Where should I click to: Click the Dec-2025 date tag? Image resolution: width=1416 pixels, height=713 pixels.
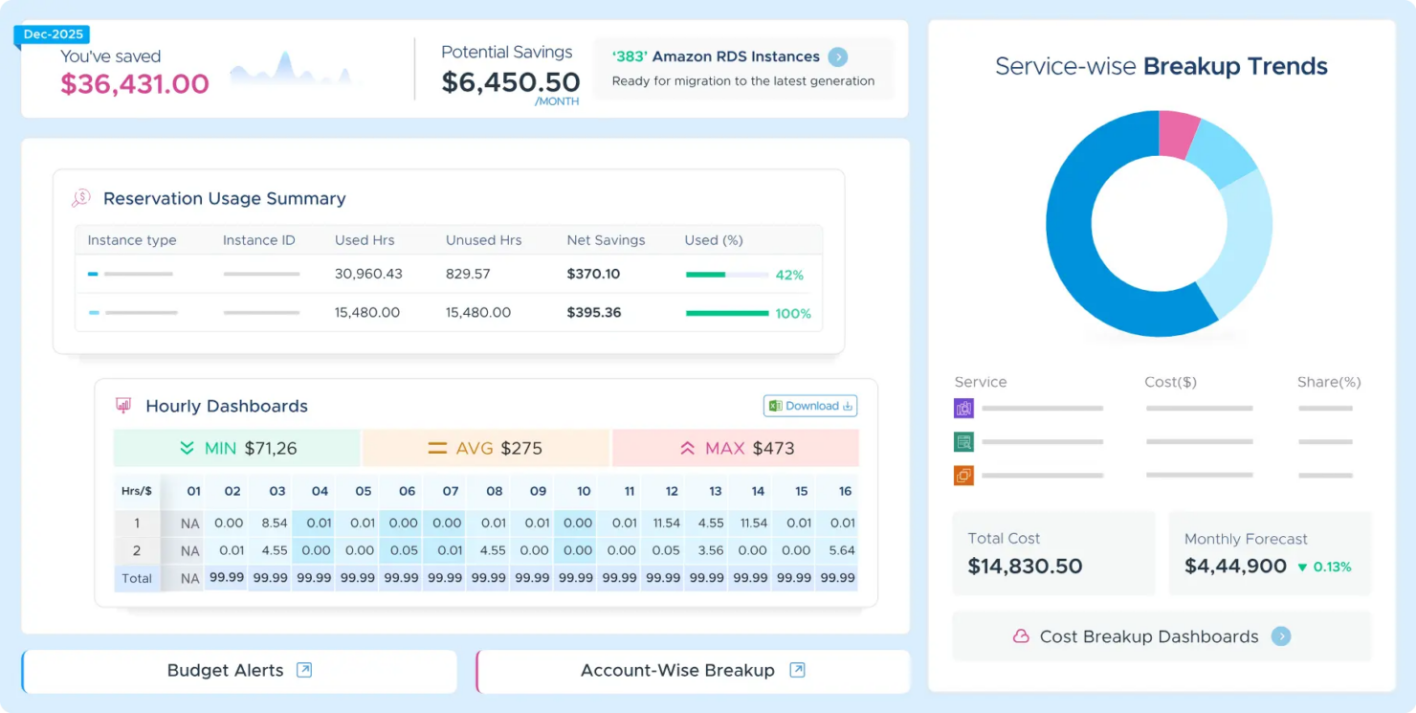click(53, 34)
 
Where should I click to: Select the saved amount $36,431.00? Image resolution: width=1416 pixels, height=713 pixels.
click(135, 84)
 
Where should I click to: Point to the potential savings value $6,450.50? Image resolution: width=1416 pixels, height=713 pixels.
click(510, 82)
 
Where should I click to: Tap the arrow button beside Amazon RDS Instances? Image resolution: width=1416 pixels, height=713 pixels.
click(837, 57)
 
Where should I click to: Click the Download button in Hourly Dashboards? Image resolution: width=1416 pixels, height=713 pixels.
click(809, 406)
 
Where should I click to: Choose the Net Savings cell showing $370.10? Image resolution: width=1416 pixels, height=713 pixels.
click(593, 274)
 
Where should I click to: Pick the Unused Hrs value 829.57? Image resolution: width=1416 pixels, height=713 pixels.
click(468, 274)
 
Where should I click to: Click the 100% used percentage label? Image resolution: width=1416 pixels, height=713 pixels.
click(793, 314)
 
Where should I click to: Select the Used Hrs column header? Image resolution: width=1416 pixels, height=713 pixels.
click(365, 240)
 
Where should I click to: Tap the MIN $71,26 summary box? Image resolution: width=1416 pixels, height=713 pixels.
click(237, 448)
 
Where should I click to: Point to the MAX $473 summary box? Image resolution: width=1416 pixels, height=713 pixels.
click(735, 448)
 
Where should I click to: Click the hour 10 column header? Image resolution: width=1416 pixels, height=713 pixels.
click(584, 491)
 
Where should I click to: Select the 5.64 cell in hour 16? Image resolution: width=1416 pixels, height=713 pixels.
click(842, 550)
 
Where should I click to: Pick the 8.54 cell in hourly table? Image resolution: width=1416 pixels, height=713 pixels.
click(275, 524)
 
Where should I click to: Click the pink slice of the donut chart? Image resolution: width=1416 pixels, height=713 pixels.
click(1178, 134)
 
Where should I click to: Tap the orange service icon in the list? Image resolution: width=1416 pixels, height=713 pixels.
click(963, 475)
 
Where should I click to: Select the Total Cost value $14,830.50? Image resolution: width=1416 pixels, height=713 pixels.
click(1025, 566)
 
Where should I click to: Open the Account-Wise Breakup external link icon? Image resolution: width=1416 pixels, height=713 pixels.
click(797, 670)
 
